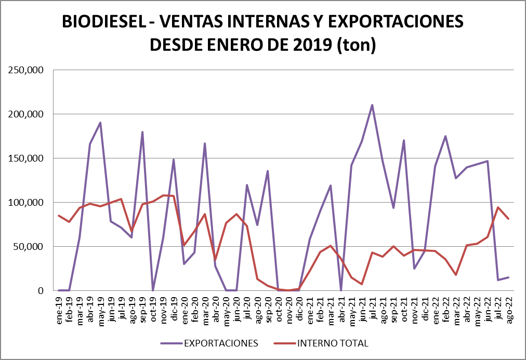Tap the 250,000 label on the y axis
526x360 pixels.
pyautogui.click(x=25, y=70)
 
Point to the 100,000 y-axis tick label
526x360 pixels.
pyautogui.click(x=25, y=203)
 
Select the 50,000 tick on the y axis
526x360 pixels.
pyautogui.click(x=28, y=247)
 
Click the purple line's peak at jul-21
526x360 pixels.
pyautogui.click(x=372, y=105)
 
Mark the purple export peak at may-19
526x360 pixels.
pyautogui.click(x=100, y=123)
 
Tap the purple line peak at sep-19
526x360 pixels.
pyautogui.click(x=142, y=132)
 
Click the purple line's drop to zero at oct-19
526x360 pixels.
pyautogui.click(x=152, y=290)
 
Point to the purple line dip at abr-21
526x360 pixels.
pyautogui.click(x=341, y=290)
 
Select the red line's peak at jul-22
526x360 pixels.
pyautogui.click(x=498, y=207)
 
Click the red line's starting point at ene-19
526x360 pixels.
pyautogui.click(x=59, y=216)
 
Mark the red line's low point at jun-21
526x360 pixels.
pyautogui.click(x=362, y=284)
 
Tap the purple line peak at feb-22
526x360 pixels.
pyautogui.click(x=445, y=136)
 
